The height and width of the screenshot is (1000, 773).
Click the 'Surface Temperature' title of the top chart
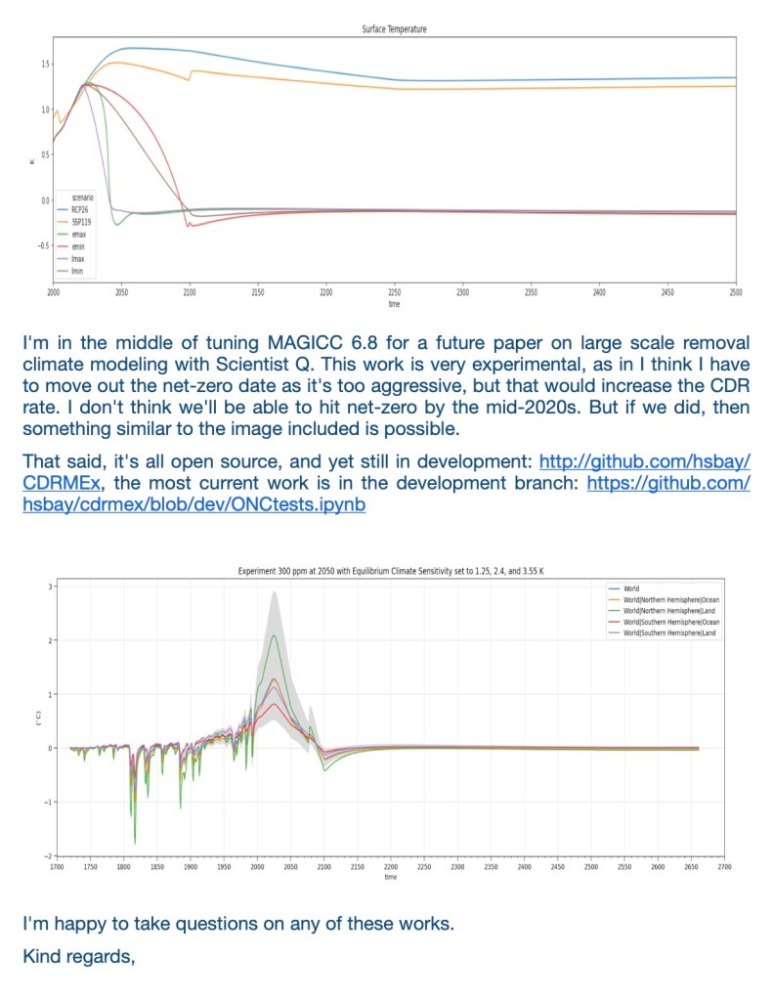(394, 29)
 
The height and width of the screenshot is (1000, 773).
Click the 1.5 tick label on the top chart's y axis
(44, 65)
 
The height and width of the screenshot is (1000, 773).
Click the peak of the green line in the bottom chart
(275, 635)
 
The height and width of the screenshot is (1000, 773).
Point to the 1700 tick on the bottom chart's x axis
(56, 866)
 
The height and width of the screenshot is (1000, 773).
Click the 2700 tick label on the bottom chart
(724, 866)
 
